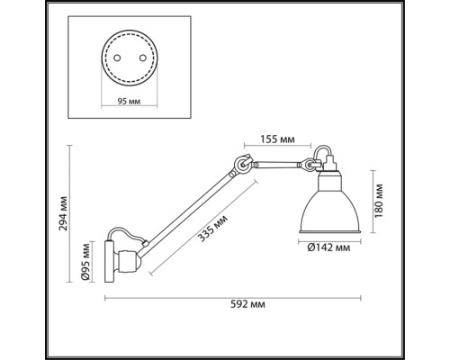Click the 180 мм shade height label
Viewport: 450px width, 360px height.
coord(380,202)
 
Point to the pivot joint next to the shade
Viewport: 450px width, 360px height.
coord(310,166)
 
